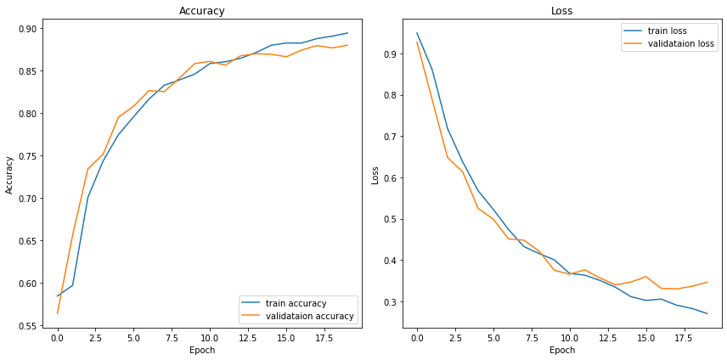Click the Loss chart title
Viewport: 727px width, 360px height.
pos(562,11)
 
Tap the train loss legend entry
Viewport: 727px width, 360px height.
pos(667,31)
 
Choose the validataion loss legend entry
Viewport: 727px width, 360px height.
pos(680,43)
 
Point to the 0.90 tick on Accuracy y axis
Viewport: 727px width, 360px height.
pos(28,29)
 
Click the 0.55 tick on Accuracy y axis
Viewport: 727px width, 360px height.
pos(28,326)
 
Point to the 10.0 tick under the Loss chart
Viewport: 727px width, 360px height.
pos(569,337)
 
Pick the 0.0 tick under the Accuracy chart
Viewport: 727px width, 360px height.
pos(57,337)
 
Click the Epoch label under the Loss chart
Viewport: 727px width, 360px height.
pos(562,350)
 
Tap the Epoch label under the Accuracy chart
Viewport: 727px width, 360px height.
pos(202,350)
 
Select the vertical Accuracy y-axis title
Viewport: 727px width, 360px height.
pos(9,174)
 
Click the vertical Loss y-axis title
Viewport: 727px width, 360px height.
pos(375,174)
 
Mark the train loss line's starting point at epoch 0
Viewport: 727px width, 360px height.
pos(417,33)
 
